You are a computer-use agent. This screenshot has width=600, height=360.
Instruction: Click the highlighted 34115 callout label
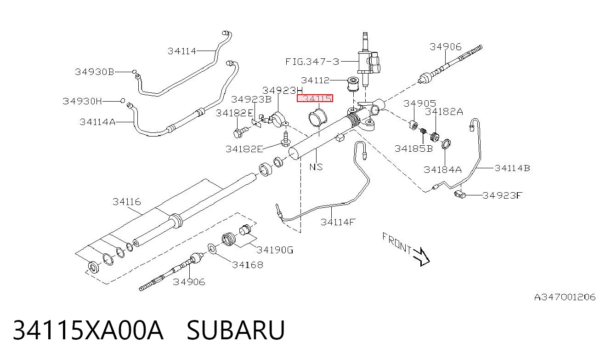point(315,98)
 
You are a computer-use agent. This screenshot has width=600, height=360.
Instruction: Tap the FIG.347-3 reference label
point(312,62)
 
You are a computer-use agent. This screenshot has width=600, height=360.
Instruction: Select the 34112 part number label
point(315,80)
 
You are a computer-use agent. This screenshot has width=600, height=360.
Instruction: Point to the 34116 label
point(127,201)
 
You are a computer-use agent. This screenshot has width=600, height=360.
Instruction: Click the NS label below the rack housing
point(316,167)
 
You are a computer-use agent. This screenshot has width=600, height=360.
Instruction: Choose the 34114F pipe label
point(338,222)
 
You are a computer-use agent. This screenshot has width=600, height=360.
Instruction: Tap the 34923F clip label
point(502,195)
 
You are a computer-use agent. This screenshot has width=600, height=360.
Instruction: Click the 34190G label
point(275,250)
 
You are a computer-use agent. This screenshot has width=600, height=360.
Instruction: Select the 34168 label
point(248,265)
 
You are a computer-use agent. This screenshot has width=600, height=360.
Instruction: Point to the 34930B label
point(95,72)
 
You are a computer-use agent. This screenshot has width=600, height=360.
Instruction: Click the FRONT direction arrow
point(422,257)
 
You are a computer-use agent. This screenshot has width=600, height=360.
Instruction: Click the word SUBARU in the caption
point(236,330)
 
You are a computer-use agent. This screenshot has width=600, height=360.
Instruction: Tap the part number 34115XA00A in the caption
point(88,330)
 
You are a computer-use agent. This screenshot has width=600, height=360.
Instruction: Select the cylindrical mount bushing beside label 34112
point(353,84)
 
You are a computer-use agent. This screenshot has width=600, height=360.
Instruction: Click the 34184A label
point(442,169)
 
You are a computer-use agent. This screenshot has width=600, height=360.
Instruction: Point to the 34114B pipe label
point(512,168)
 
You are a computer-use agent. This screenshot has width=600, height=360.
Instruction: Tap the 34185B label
point(414,149)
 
